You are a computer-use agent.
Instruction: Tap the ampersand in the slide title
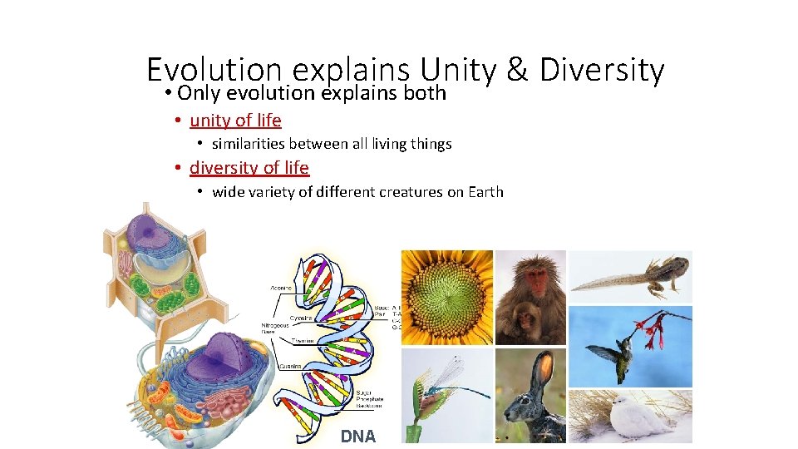[x=516, y=71]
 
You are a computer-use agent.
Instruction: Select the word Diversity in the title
[x=602, y=71]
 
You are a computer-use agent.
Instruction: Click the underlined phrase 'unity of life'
[x=235, y=121]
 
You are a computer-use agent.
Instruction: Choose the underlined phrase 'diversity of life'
[x=249, y=168]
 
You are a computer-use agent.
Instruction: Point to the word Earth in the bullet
[x=485, y=192]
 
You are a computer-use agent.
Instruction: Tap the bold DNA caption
[x=358, y=437]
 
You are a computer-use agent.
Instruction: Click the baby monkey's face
[x=525, y=318]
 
